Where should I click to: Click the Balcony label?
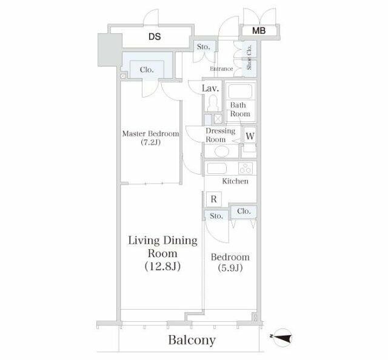coord(192,340)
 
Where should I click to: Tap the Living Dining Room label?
coord(162,247)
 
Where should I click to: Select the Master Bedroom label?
coord(150,133)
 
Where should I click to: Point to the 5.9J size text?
coord(230,268)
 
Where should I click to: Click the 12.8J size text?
coord(162,266)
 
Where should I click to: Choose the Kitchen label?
coord(235,181)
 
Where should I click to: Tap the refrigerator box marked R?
coord(214,199)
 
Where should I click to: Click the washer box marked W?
coord(250,136)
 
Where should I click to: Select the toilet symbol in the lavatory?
coord(213,103)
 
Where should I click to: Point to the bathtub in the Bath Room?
coord(240,92)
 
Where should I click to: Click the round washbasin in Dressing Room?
coord(221,152)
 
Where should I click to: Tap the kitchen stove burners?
coord(246,168)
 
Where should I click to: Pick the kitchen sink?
coord(217,168)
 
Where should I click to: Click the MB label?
coord(259,31)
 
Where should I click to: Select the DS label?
coord(155,36)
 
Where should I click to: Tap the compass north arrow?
coord(282,336)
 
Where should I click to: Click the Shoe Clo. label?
coord(249,57)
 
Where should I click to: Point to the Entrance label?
coord(221,68)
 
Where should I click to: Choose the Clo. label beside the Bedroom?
coord(244,212)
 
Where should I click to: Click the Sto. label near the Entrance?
coord(204,47)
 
